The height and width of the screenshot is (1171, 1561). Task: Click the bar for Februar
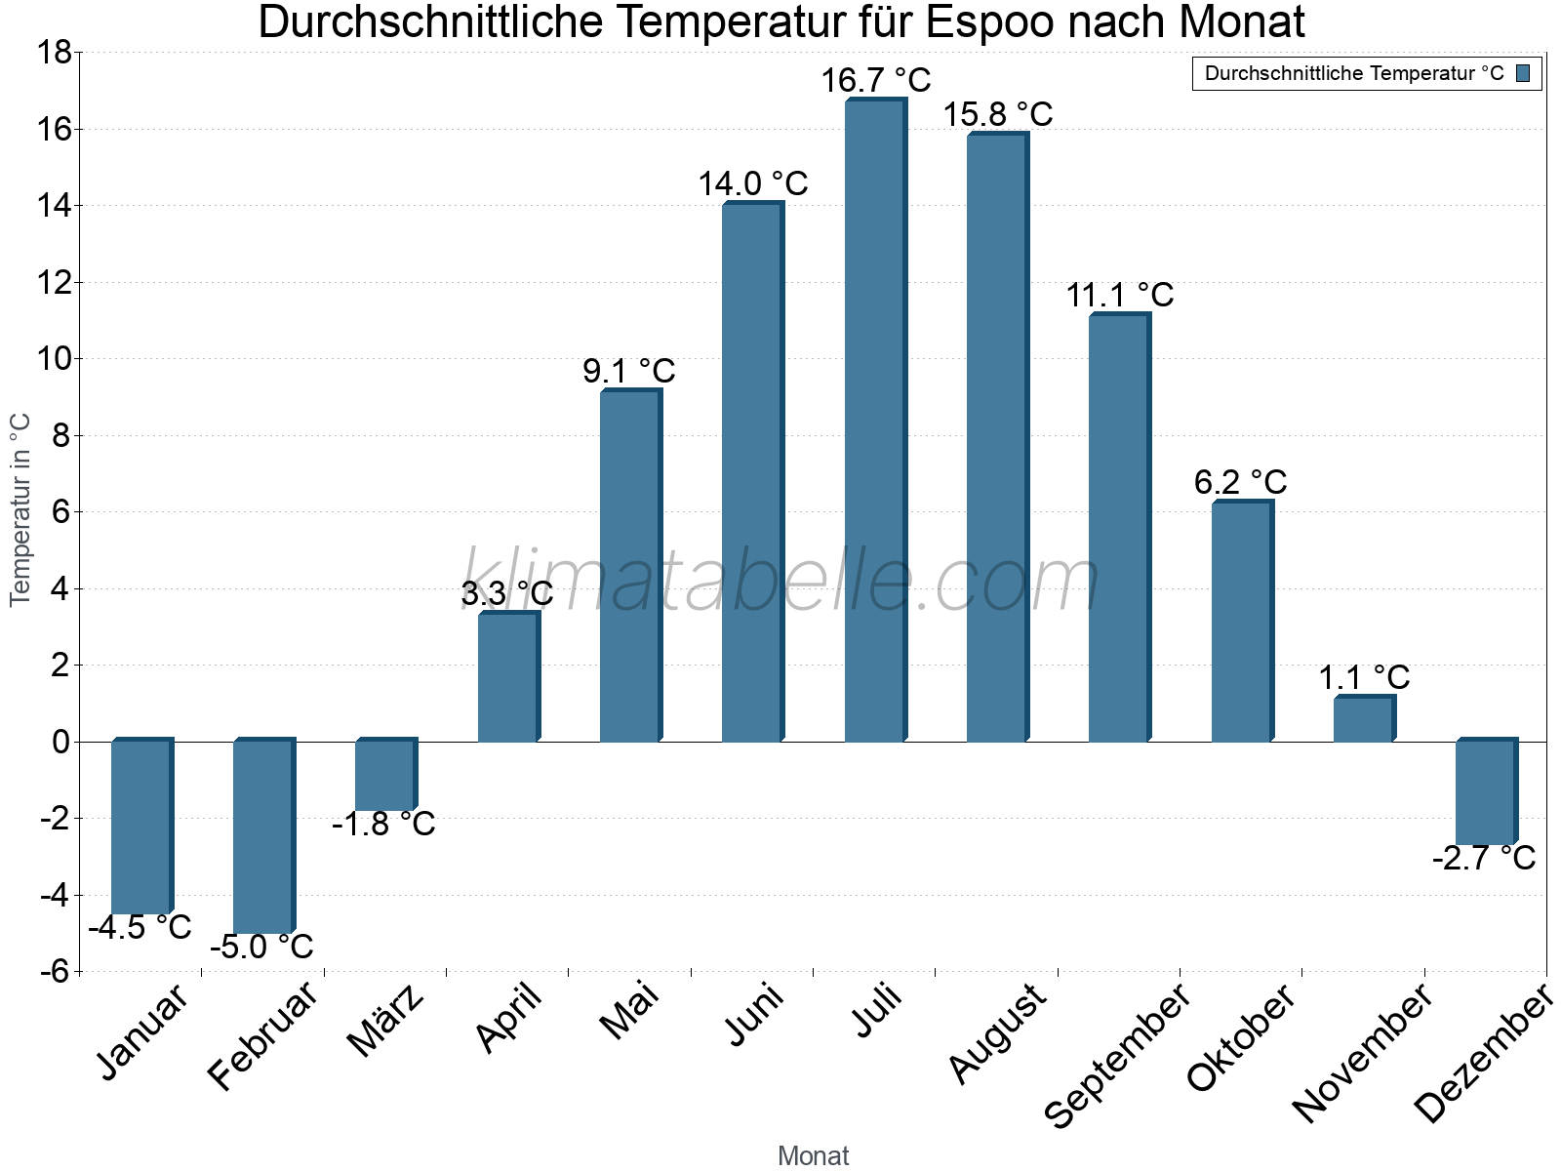tap(262, 836)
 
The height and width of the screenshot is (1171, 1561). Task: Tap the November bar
tap(1363, 719)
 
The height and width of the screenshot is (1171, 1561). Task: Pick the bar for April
tap(507, 677)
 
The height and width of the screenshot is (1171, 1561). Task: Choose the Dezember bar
tap(1485, 792)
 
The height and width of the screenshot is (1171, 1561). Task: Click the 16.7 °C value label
tap(875, 80)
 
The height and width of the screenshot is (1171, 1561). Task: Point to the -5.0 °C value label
tap(261, 947)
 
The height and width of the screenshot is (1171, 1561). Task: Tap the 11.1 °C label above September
tap(1119, 295)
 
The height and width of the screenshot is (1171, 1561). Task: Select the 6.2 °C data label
tap(1240, 482)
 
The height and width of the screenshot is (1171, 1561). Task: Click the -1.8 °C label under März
tap(383, 825)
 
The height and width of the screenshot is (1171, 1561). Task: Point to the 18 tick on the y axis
tap(55, 53)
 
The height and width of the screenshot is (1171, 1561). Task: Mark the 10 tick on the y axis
tap(55, 359)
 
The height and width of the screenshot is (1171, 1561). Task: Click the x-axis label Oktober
tap(1241, 1038)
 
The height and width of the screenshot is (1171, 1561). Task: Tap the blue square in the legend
tap(1523, 73)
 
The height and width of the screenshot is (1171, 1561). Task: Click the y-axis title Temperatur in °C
tap(20, 509)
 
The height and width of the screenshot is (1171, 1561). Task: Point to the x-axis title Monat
tap(813, 1155)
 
